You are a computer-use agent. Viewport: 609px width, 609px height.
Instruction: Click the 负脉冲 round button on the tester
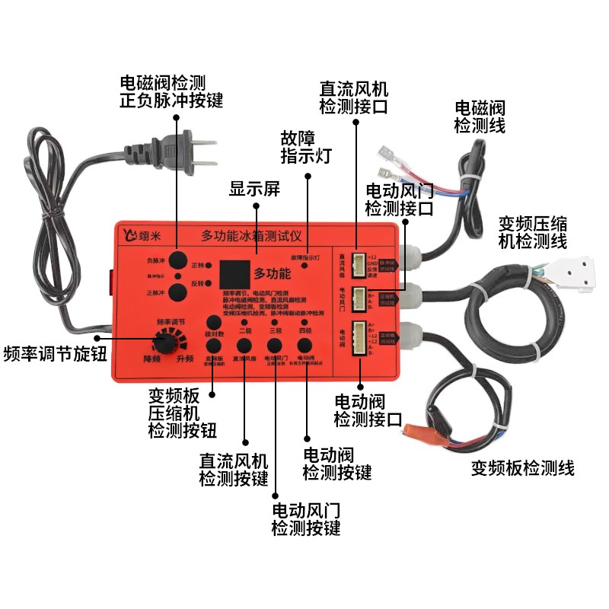click(x=177, y=260)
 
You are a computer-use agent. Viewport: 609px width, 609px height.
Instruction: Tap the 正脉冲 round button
click(x=177, y=292)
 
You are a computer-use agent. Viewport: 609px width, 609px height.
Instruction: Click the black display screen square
click(x=231, y=273)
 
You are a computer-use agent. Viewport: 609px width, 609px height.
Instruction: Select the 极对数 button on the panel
click(x=213, y=321)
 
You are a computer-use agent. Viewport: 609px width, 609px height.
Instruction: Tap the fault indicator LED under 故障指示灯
click(x=304, y=266)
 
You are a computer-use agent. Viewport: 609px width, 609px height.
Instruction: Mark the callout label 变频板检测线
click(x=522, y=467)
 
